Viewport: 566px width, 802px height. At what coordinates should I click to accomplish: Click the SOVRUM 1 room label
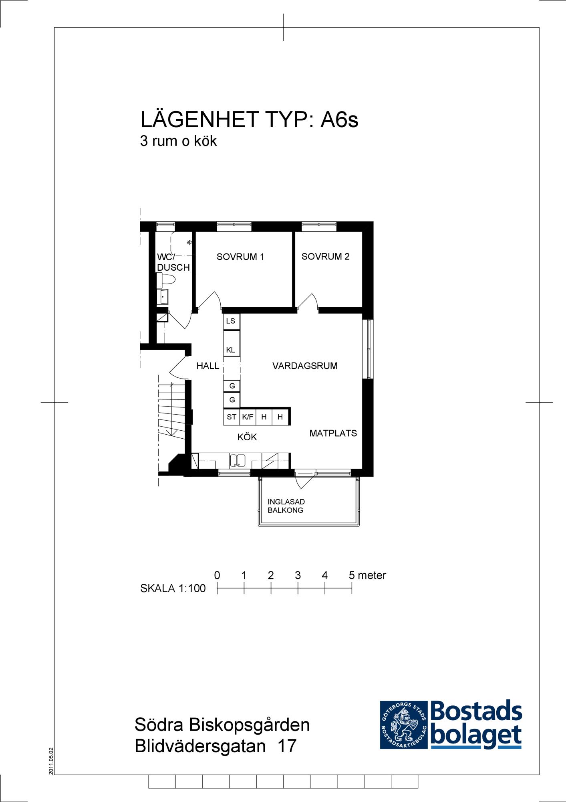point(240,257)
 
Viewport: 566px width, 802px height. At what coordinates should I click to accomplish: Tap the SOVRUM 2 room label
point(325,256)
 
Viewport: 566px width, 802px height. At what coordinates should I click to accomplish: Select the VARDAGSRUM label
point(305,366)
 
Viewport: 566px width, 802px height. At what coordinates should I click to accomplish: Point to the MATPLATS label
point(333,433)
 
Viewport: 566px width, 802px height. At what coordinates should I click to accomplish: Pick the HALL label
point(207,366)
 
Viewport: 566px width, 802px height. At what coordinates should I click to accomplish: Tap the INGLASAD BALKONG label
point(286,506)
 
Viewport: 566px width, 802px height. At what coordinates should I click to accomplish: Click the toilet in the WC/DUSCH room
point(166,279)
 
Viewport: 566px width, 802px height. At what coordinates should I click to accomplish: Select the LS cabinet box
point(232,321)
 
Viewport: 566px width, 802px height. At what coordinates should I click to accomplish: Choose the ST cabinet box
point(232,417)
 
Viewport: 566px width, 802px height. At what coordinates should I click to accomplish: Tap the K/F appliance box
point(248,417)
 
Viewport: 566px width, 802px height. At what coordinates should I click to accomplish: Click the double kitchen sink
point(238,460)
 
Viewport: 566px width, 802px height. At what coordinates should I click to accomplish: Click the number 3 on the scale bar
point(298,575)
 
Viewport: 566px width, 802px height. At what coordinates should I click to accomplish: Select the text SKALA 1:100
point(173,588)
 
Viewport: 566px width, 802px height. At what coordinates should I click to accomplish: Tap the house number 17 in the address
point(287,746)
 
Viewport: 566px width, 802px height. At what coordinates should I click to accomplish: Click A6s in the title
point(339,119)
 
